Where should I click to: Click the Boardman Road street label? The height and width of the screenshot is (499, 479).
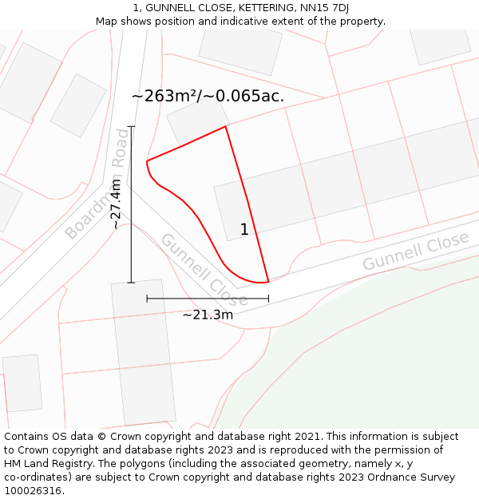(97, 184)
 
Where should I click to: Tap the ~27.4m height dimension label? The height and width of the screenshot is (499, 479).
(117, 204)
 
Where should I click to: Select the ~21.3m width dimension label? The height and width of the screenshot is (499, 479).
(208, 315)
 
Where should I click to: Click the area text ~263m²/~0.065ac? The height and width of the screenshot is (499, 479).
(208, 97)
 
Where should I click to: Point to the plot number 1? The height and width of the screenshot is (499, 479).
(244, 230)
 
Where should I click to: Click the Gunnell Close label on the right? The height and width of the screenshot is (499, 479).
(415, 251)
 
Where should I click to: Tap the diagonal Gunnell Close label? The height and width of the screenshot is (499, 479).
(204, 271)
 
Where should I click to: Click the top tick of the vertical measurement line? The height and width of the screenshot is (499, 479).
(131, 126)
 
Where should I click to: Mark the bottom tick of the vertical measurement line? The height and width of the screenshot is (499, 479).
(131, 283)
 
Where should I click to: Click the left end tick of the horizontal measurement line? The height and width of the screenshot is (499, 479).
(147, 299)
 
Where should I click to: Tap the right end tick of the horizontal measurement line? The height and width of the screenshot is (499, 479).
(268, 299)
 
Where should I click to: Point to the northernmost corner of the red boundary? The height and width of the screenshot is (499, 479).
(225, 126)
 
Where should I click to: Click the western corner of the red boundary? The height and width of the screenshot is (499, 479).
(147, 162)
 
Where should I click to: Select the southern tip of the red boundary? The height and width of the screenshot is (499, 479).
(267, 282)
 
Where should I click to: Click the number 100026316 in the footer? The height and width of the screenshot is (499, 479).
(33, 491)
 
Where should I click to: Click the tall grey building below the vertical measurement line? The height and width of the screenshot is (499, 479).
(143, 352)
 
